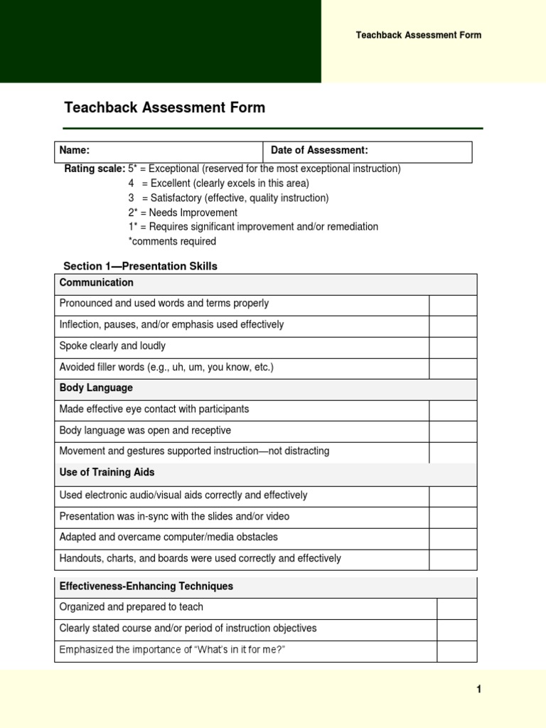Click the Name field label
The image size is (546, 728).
(x=74, y=151)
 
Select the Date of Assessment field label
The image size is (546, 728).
(x=319, y=151)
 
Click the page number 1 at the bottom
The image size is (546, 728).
(x=479, y=689)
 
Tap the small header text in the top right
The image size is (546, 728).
(x=418, y=36)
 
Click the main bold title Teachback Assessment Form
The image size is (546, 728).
(x=164, y=108)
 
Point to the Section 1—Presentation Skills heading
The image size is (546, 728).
(x=140, y=267)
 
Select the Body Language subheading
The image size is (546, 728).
(x=96, y=389)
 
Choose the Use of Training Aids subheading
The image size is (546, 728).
(x=107, y=473)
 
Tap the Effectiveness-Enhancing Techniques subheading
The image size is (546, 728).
(x=146, y=587)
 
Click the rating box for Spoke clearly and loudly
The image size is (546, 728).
(x=453, y=347)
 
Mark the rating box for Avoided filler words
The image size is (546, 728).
(x=453, y=368)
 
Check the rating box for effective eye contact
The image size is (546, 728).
(x=453, y=410)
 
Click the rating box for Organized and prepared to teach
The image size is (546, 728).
(x=456, y=608)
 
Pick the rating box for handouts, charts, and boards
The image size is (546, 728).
(x=453, y=559)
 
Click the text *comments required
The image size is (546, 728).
(x=172, y=242)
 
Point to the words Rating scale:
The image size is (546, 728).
(x=95, y=169)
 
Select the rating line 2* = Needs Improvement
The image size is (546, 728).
(x=183, y=213)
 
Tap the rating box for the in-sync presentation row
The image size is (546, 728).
(x=453, y=517)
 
